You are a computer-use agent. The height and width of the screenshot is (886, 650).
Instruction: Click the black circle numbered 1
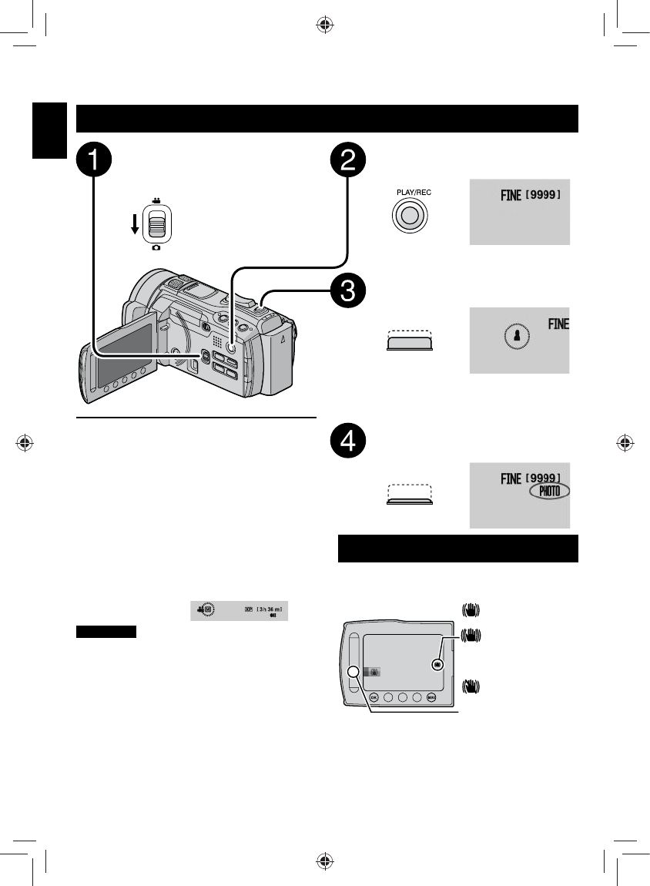[94, 159]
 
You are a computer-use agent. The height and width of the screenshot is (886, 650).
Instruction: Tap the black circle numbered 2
[348, 159]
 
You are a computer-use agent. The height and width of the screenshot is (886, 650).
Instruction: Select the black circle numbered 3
[348, 291]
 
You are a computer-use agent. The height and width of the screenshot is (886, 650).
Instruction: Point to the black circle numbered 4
[348, 440]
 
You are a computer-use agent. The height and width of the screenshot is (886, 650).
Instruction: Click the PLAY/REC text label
[414, 192]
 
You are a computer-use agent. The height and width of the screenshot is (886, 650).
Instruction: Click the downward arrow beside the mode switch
[135, 223]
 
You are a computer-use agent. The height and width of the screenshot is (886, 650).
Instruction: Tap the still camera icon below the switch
[156, 247]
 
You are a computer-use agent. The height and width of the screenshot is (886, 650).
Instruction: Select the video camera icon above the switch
[156, 200]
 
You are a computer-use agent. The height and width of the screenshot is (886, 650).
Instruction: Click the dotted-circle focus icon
[517, 337]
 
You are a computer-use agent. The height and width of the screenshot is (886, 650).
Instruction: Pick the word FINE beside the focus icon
[558, 324]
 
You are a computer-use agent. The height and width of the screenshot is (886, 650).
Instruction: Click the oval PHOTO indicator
[549, 491]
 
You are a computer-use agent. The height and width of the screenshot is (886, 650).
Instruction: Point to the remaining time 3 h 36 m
[269, 609]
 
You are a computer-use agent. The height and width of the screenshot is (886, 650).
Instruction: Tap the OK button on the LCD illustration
[374, 697]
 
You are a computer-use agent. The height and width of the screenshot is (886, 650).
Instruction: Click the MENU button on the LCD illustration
[431, 697]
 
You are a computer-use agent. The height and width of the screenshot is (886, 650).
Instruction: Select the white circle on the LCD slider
[353, 671]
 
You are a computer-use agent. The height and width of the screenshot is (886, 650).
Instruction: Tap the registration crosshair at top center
[325, 25]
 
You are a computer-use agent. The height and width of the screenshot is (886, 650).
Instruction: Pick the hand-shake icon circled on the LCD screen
[437, 665]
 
